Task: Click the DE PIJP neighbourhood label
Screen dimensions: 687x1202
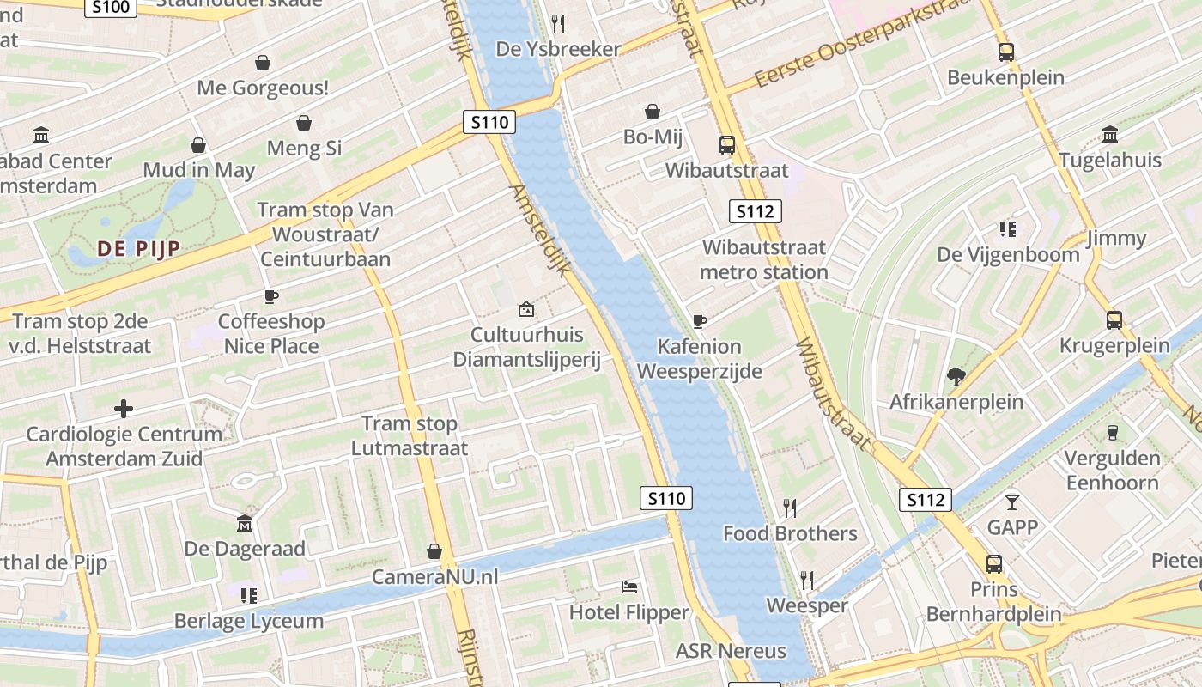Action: pos(138,249)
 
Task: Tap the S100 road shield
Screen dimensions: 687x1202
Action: pos(111,8)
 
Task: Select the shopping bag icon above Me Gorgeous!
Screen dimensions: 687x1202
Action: pos(263,63)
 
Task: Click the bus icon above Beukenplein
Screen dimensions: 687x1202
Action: pos(1005,52)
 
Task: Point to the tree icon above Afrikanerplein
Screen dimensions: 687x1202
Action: pos(956,376)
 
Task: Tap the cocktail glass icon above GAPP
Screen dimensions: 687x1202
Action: pos(1012,502)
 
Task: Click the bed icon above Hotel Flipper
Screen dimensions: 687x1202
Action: pos(629,587)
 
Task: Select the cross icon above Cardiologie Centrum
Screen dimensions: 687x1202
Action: pos(124,408)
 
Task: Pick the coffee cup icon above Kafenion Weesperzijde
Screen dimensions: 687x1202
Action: pos(699,321)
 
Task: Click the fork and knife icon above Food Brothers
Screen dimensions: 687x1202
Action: pos(790,508)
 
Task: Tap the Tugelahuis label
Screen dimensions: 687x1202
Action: pos(1109,161)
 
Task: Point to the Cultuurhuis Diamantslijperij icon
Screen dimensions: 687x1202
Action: pos(526,309)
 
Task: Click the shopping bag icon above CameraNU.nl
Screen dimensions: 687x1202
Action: pos(434,551)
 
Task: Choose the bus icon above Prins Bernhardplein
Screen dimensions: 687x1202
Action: pos(993,564)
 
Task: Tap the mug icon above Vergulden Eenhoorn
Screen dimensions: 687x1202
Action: pos(1113,432)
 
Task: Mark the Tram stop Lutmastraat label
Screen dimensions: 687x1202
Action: pos(410,435)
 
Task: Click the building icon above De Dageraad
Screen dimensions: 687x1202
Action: pos(245,523)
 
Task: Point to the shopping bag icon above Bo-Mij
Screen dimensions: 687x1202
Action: pos(653,112)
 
